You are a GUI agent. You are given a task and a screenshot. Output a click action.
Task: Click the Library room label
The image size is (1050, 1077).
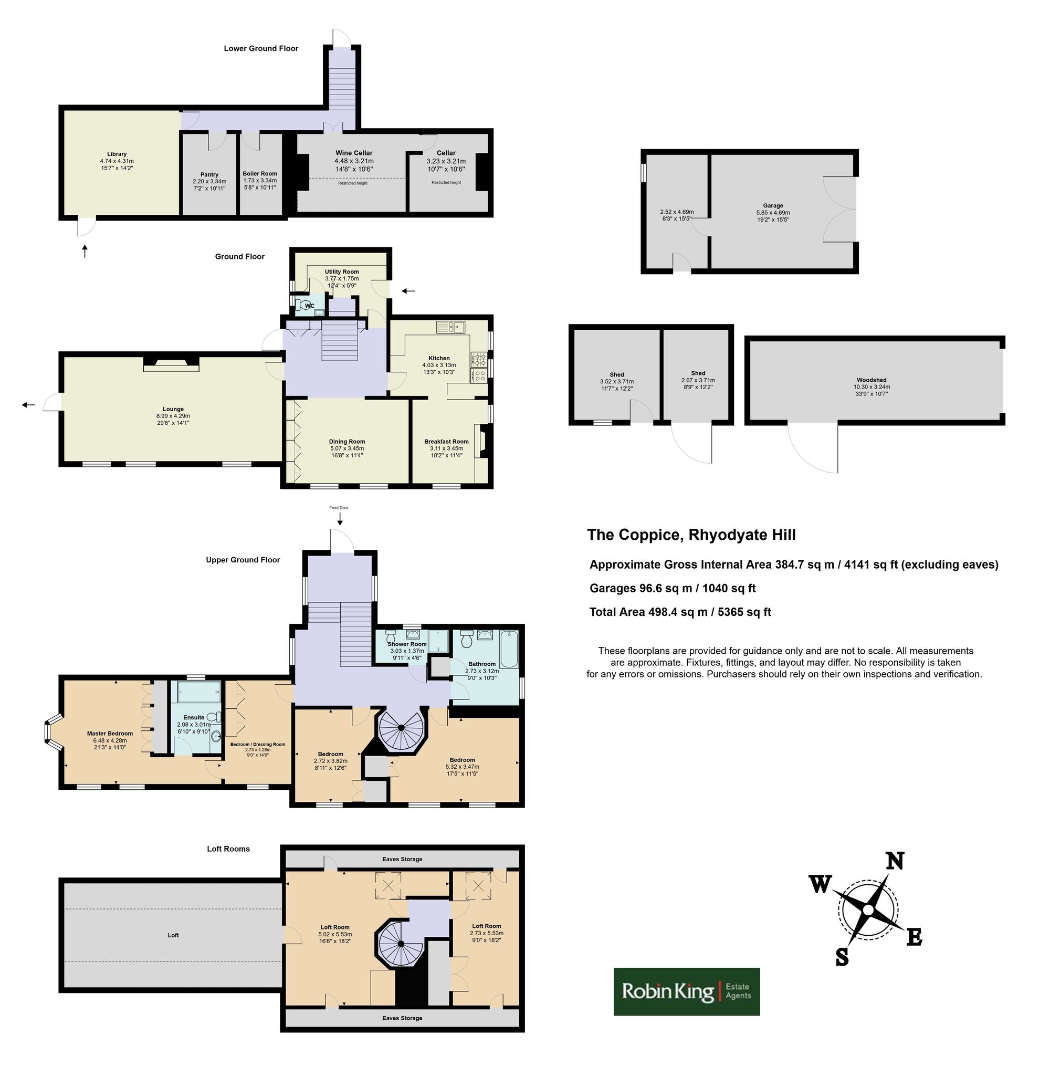(x=117, y=154)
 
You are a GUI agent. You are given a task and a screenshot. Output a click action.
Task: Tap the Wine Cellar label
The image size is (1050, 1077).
(x=354, y=153)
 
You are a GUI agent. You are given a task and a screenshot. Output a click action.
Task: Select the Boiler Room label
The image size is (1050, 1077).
(x=260, y=174)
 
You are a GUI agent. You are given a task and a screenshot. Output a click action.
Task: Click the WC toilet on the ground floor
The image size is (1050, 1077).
(x=299, y=305)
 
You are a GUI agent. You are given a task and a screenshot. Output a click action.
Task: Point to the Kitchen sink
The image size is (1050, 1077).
(x=451, y=327)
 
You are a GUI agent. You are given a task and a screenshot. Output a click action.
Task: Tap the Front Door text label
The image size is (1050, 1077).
(x=339, y=508)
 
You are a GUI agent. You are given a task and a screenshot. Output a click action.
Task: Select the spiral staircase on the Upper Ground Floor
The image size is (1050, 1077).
(x=401, y=729)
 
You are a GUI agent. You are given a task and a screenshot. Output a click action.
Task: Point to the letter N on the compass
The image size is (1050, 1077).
(x=895, y=861)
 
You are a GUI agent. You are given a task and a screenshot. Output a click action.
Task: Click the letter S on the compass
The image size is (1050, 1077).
(x=842, y=958)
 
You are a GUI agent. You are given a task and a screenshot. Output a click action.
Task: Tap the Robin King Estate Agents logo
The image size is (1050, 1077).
(x=687, y=991)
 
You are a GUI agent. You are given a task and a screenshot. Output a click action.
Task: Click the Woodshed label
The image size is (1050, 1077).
(x=871, y=380)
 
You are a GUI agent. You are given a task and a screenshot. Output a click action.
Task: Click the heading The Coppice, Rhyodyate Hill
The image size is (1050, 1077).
(x=691, y=535)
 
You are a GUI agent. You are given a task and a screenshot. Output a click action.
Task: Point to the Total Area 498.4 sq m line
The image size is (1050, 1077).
(x=680, y=612)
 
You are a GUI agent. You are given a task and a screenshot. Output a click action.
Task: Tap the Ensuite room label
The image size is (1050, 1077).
(x=194, y=717)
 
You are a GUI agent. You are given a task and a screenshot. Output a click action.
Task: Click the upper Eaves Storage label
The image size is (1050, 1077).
(x=402, y=859)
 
